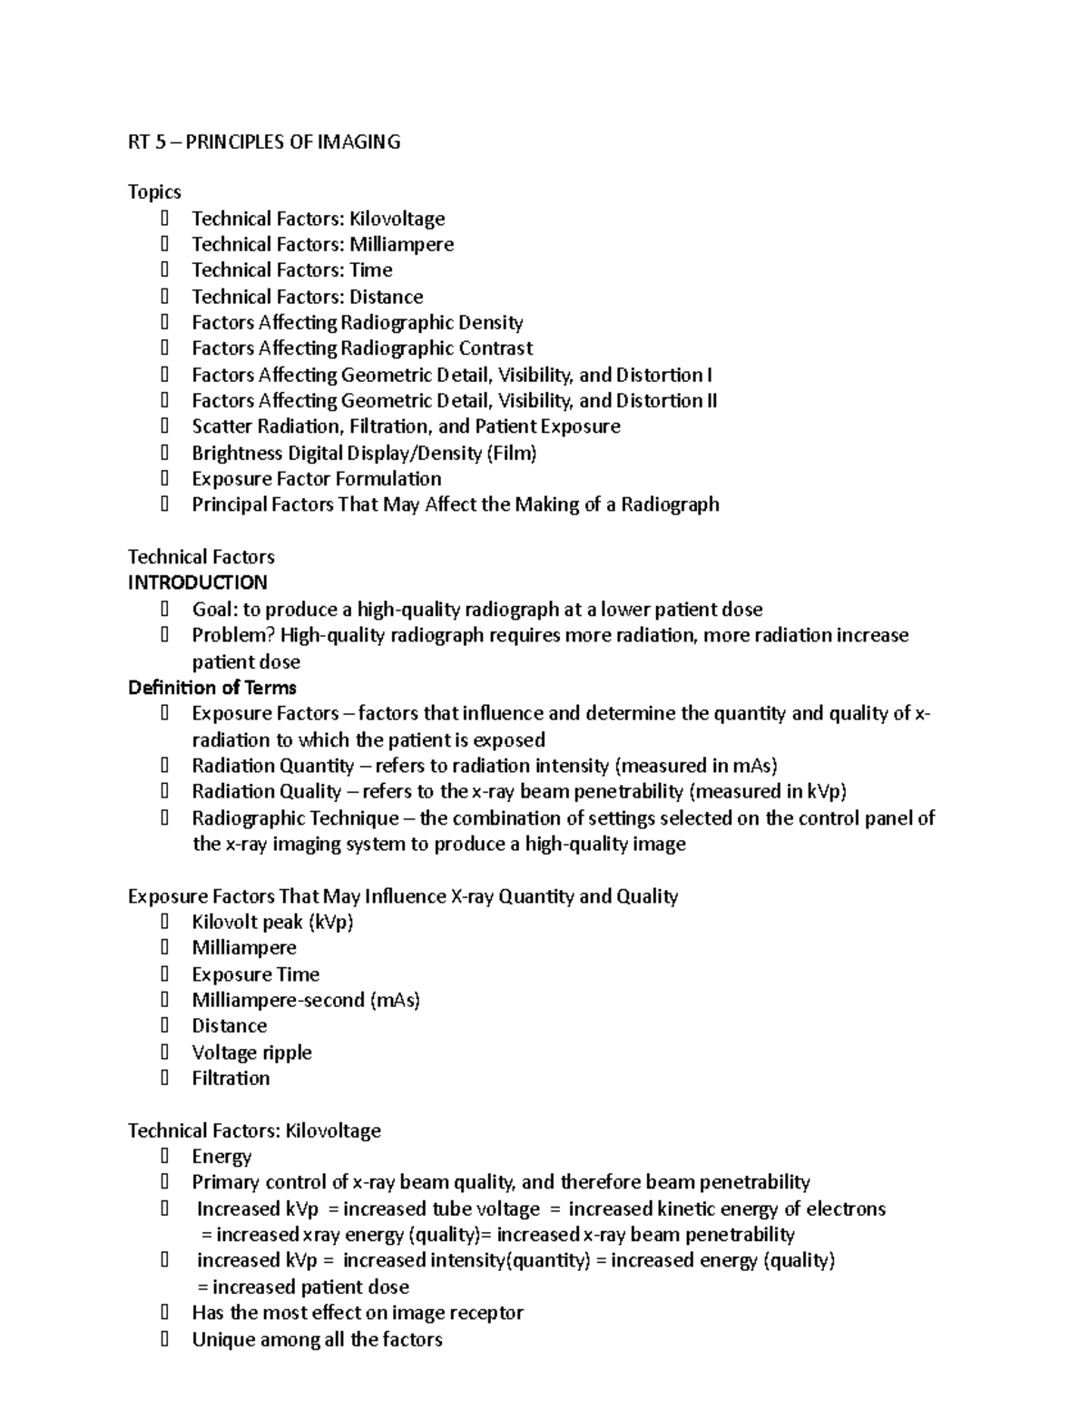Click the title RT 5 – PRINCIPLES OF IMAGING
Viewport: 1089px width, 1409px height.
(263, 142)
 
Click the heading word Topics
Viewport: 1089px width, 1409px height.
(154, 191)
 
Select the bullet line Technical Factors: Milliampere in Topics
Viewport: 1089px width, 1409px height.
(322, 244)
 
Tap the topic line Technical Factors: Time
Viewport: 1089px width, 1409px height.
(291, 269)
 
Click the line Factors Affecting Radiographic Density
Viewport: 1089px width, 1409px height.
(357, 322)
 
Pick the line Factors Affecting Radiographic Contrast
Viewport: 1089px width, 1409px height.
(361, 348)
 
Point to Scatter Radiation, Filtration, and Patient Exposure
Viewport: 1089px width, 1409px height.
(406, 426)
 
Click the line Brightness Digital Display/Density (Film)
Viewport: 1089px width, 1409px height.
(364, 453)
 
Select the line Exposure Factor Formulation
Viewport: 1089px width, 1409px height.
(316, 479)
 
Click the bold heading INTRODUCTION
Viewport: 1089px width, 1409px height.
(197, 582)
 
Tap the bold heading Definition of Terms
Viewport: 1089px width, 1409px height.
(211, 687)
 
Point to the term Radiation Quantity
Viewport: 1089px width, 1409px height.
(272, 766)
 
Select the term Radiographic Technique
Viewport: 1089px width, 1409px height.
(295, 818)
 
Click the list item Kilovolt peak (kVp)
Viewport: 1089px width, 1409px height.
(272, 923)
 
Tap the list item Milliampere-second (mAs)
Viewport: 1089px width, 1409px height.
(305, 1001)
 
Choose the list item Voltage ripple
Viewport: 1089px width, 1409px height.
(251, 1052)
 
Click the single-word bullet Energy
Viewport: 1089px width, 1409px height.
(221, 1157)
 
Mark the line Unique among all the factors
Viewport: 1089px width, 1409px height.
(317, 1340)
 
